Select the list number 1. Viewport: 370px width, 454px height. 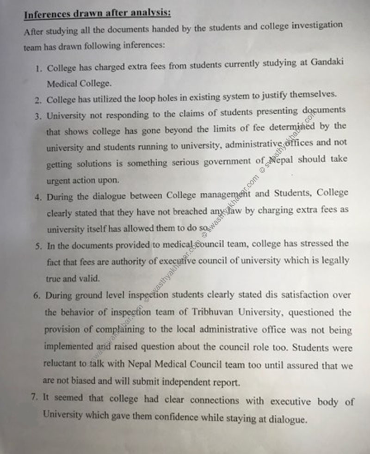point(38,68)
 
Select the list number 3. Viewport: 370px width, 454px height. point(38,117)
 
